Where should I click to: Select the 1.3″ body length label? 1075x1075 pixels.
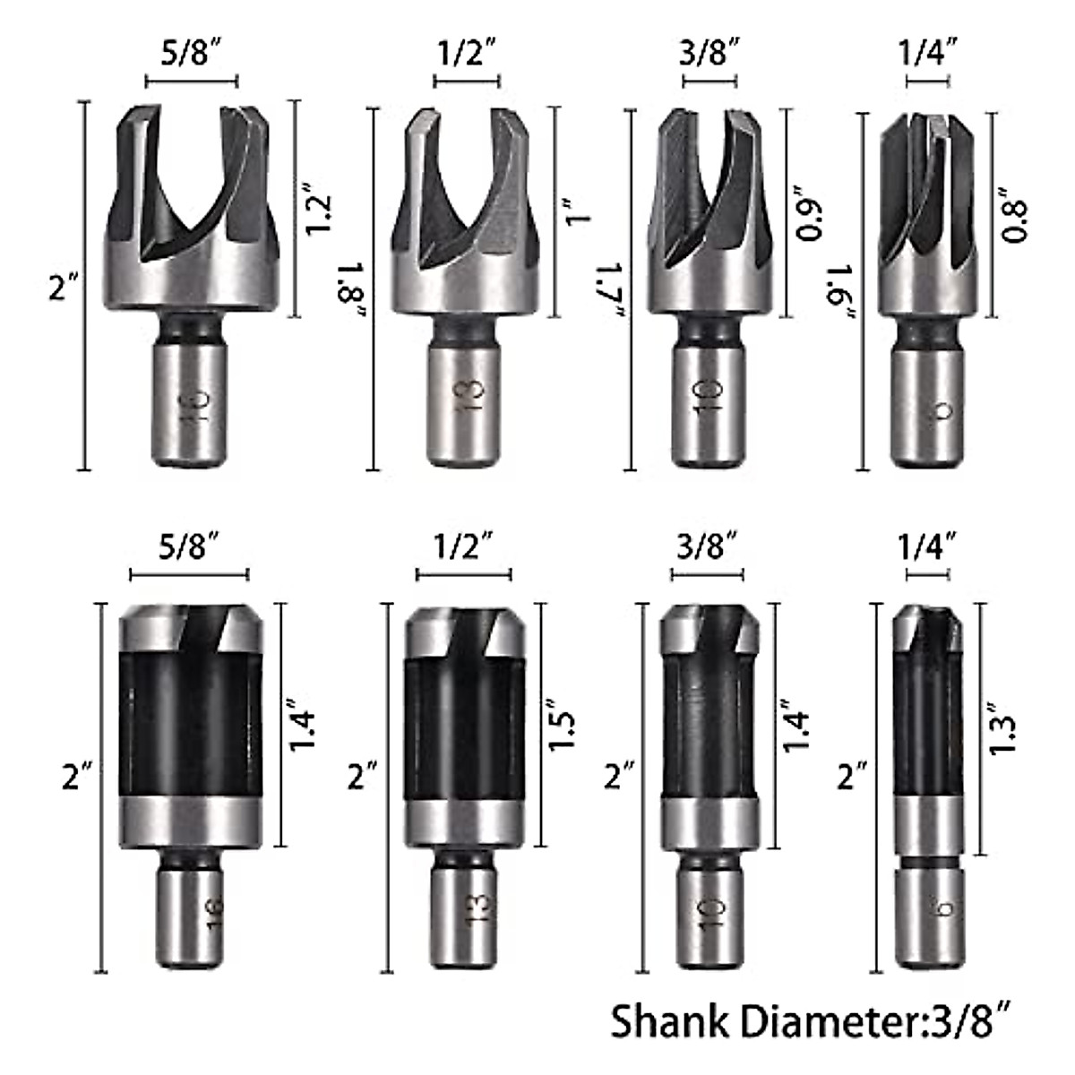click(x=1003, y=733)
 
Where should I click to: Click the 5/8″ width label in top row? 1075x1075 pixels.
click(x=191, y=53)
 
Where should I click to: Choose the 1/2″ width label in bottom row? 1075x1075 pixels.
click(x=463, y=544)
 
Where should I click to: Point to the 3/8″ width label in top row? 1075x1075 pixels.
click(x=709, y=53)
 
